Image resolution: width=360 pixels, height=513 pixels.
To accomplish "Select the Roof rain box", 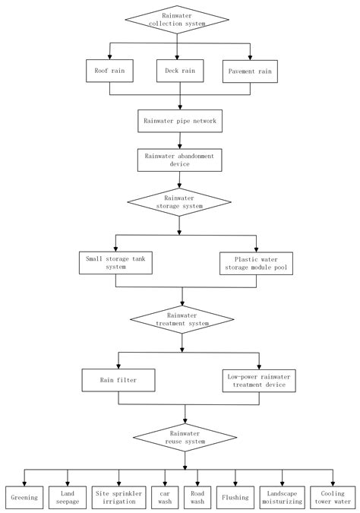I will [110, 71].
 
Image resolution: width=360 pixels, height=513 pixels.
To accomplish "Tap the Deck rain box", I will [178, 71].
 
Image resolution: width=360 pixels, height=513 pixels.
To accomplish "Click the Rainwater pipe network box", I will [179, 121].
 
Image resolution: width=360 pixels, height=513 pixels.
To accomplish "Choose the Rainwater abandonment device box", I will [179, 160].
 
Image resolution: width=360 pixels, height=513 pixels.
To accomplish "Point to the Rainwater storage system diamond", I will [179, 201].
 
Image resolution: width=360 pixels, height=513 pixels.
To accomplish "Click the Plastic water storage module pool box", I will [257, 261].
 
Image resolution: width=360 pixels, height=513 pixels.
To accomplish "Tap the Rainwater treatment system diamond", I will [181, 319].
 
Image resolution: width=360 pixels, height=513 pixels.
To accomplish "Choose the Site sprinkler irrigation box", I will [118, 497].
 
